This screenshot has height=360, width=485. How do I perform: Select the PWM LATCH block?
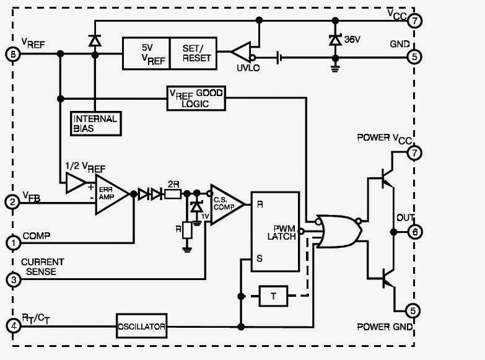275,227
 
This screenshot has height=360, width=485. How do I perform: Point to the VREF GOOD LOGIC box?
196,98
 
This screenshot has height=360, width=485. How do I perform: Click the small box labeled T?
273,296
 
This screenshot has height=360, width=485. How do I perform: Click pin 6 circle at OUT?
414,231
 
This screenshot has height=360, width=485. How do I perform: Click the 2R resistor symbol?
173,193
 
